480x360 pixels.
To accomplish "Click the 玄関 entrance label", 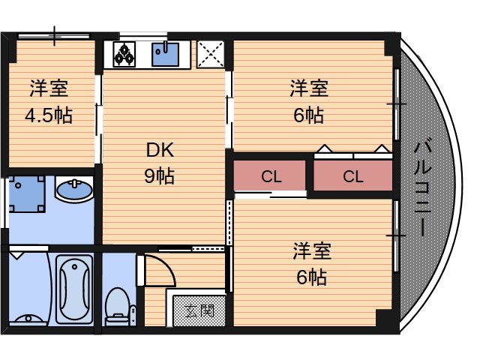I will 199,310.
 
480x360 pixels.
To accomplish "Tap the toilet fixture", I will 117,304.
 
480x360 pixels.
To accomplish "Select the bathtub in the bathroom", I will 74,288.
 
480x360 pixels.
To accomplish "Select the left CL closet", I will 271,177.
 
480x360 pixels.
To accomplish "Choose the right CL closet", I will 352,177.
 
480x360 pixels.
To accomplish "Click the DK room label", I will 159,150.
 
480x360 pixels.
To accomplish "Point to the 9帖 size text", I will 159,177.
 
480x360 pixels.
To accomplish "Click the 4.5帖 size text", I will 49,116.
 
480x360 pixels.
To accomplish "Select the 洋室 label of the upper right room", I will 310,88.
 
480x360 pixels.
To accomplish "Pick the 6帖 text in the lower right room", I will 310,277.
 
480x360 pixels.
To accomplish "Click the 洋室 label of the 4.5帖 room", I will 49,88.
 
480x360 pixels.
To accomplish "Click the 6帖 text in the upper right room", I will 308,116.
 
